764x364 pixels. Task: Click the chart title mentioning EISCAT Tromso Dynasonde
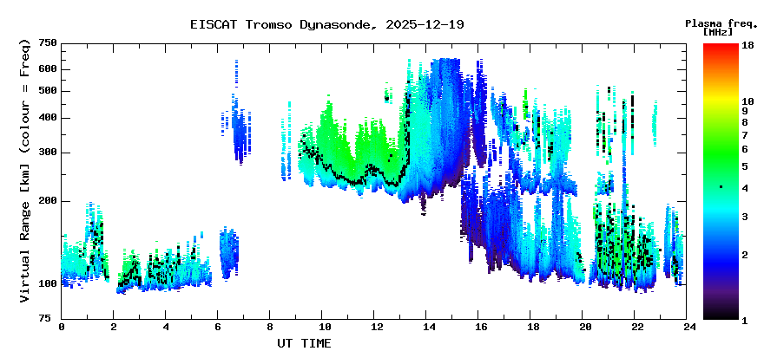tap(326, 24)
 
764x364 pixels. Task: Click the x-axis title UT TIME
tap(303, 343)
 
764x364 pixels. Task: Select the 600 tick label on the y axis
tap(48, 69)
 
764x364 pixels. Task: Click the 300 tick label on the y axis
tap(48, 153)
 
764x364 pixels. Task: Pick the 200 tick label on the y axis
tap(48, 201)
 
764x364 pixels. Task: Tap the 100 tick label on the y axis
tap(48, 284)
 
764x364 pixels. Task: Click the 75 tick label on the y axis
tap(51, 319)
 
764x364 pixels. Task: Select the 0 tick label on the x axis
tap(62, 328)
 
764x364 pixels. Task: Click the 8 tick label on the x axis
tap(270, 328)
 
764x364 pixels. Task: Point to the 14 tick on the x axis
tap(429, 328)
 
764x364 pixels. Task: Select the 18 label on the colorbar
tap(748, 45)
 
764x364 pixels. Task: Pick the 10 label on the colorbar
tap(748, 101)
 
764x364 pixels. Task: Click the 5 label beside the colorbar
tap(745, 166)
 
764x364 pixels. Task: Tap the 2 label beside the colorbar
tap(745, 255)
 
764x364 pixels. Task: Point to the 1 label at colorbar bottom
tap(745, 321)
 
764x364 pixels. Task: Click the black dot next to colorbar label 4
tap(721, 187)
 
